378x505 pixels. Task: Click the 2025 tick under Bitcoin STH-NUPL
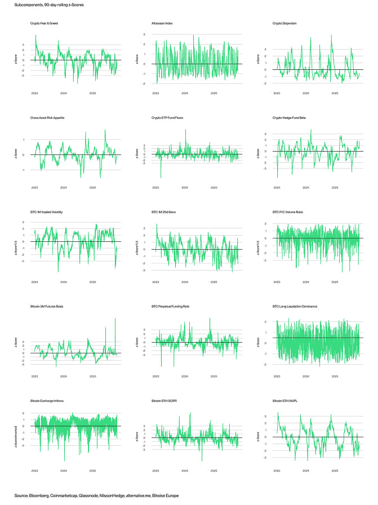coord(335,469)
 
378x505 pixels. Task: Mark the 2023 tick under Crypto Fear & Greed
coord(34,92)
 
